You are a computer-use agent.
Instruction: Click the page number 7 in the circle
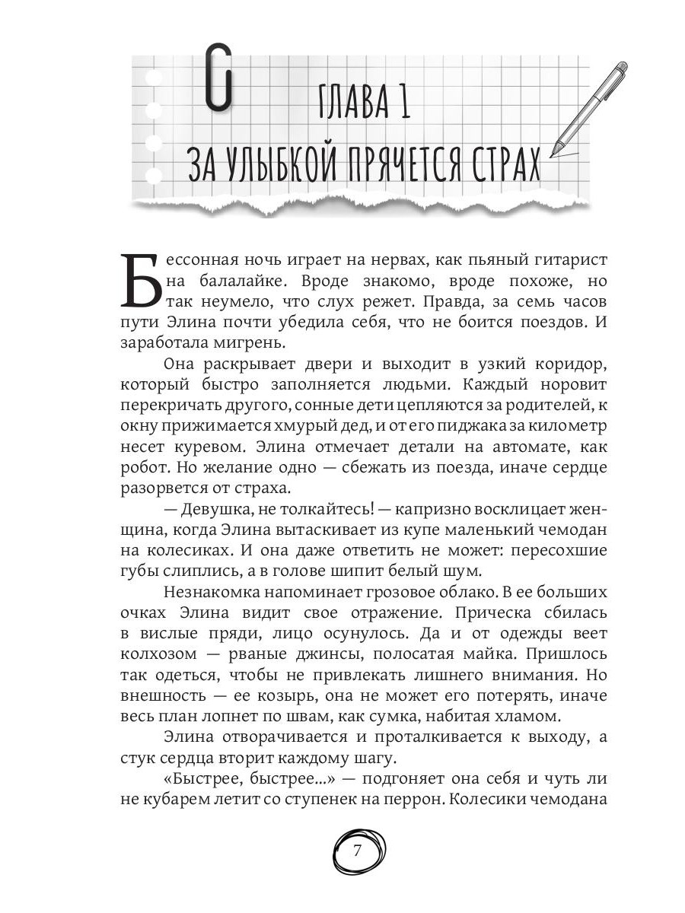(358, 851)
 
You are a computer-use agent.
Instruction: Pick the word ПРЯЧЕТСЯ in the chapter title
(409, 163)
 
